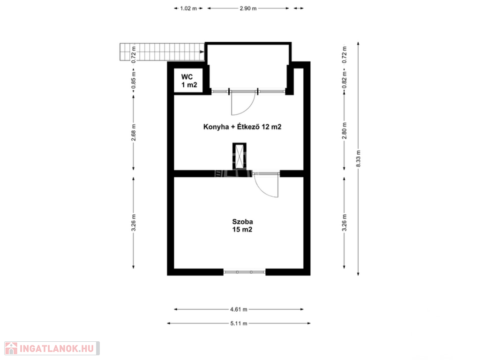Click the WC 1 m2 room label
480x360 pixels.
coord(189,81)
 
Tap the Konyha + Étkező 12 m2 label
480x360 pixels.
coord(242,127)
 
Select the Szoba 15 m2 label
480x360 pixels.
coord(242,225)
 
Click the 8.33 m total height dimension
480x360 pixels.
coord(358,158)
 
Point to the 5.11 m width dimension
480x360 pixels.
coord(239,323)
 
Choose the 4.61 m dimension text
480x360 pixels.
coord(239,309)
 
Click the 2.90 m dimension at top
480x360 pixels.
coord(248,8)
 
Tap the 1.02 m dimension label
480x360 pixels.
coord(188,8)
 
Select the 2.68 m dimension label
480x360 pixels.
coord(134,133)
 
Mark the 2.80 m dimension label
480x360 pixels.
coord(345,130)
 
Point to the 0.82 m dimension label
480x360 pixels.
coord(345,80)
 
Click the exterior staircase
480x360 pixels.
coord(162,52)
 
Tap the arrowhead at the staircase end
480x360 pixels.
coord(202,52)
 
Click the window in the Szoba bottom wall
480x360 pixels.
coord(244,272)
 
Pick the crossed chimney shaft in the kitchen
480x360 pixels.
coord(240,156)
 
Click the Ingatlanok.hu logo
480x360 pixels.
coord(52,348)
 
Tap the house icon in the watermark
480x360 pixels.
coord(11,348)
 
